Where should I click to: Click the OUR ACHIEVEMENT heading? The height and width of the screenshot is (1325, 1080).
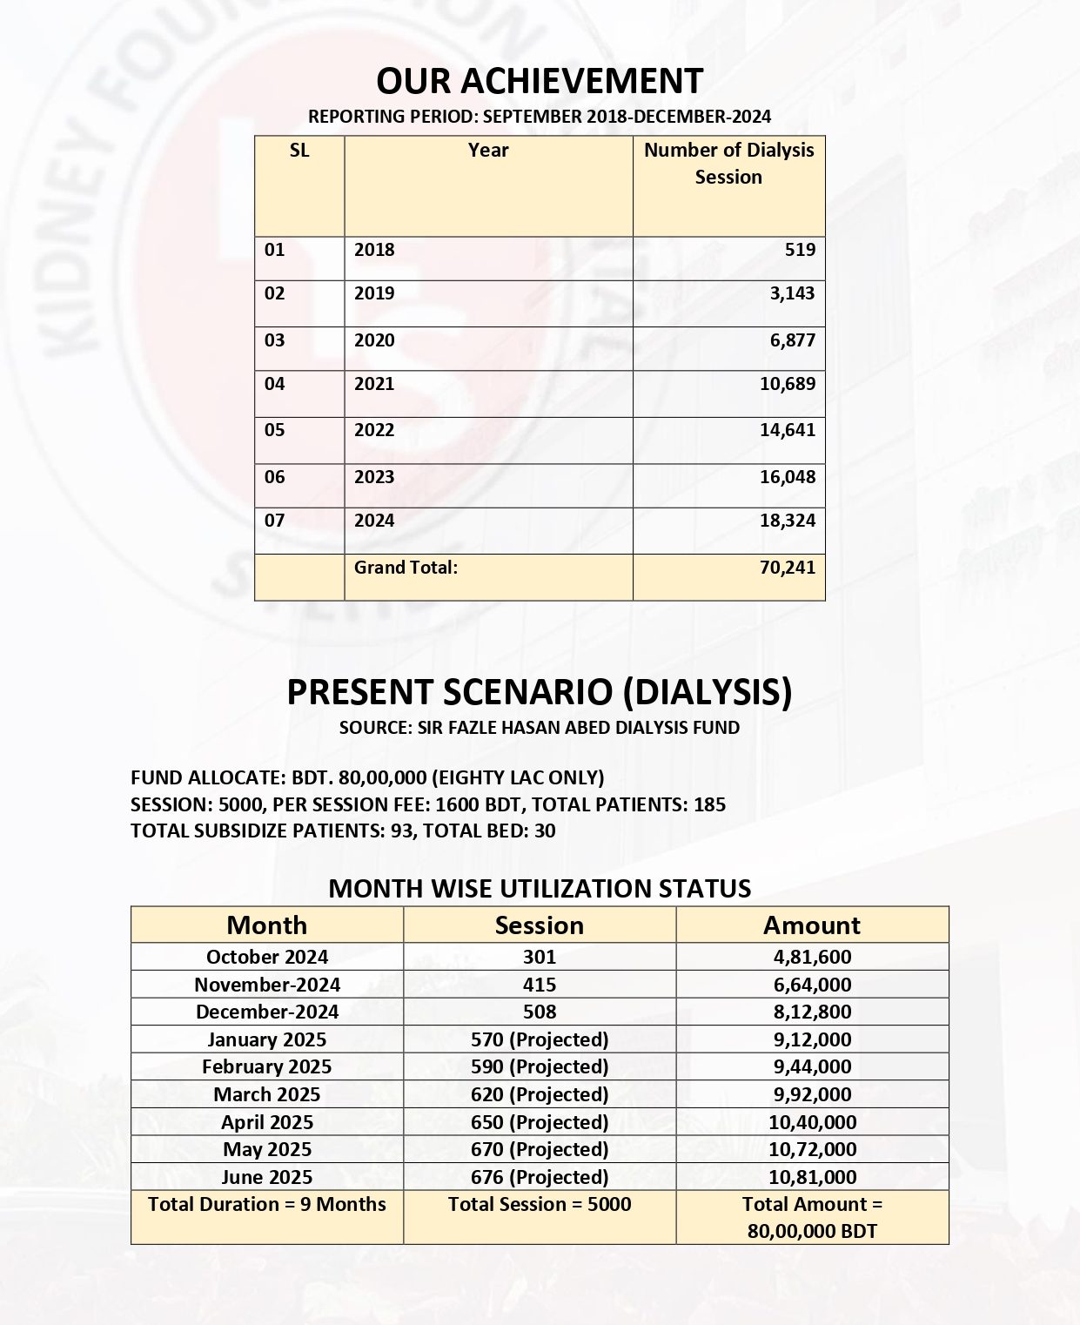540,81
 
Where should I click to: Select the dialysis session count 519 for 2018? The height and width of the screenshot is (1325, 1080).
800,250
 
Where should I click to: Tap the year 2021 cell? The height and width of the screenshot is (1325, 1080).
374,384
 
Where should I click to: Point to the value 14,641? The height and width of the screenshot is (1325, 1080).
787,430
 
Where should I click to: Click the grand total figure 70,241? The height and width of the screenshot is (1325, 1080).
787,568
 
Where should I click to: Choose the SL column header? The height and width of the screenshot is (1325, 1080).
299,151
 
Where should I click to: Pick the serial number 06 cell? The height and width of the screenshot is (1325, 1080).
275,477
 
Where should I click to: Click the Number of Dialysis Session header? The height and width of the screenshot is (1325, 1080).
728,164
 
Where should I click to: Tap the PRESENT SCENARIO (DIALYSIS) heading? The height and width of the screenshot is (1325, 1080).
540,692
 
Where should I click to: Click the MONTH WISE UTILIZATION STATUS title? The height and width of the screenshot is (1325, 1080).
540,889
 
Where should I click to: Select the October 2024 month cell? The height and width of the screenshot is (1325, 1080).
267,957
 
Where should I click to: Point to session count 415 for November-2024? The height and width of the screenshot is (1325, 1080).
540,985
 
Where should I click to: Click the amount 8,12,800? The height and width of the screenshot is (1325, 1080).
812,1012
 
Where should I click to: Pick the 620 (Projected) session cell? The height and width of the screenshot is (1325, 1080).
540,1094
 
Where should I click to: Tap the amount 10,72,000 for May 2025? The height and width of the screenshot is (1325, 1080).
812,1149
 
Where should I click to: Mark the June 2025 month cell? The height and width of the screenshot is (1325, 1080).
267,1177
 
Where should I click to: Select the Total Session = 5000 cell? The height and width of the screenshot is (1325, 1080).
540,1205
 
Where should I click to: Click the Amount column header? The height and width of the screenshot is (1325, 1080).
812,925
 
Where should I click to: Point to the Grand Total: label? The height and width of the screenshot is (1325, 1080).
406,568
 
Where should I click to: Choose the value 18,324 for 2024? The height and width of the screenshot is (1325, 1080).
787,521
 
